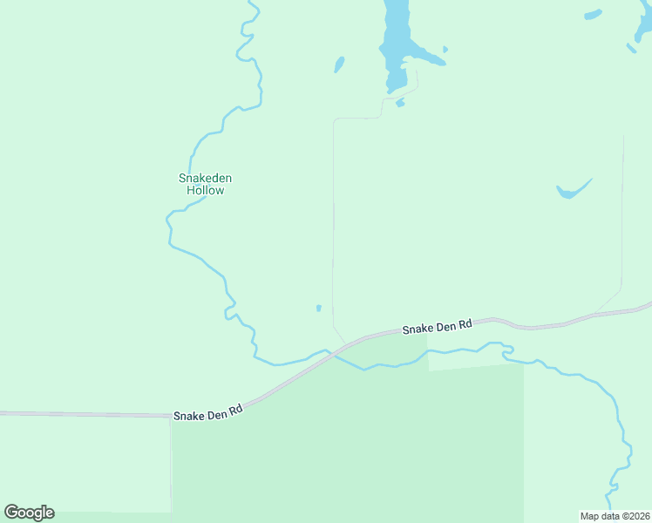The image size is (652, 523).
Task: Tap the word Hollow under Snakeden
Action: [206, 190]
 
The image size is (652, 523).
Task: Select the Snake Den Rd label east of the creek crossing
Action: [437, 326]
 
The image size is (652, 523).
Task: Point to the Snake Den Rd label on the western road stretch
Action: [207, 414]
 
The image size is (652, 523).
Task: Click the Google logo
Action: [29, 512]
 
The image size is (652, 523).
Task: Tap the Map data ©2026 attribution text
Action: [615, 515]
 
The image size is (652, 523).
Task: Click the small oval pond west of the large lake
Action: [339, 65]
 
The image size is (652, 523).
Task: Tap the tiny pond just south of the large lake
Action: [400, 103]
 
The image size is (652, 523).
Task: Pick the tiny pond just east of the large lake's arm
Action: [445, 50]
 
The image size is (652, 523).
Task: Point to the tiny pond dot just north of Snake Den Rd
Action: [319, 308]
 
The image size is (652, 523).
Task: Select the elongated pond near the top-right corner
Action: [594, 15]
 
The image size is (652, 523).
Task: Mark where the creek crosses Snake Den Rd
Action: [341, 349]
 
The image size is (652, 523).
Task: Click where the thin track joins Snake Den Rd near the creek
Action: [346, 343]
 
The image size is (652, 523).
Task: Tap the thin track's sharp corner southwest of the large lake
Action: [335, 120]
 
